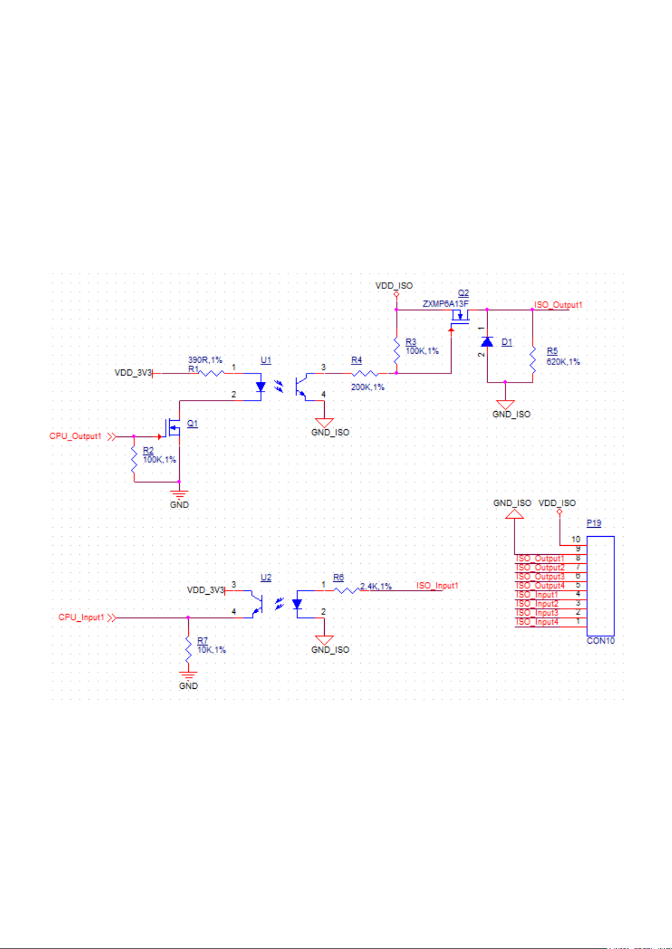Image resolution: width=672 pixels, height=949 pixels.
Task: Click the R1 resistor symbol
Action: pyautogui.click(x=211, y=373)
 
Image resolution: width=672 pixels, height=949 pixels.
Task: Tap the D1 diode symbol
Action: pyautogui.click(x=487, y=341)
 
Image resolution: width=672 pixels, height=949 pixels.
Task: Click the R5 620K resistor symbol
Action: pyautogui.click(x=533, y=360)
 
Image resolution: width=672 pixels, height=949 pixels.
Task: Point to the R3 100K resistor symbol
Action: pyautogui.click(x=396, y=350)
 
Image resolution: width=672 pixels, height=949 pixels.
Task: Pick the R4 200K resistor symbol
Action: pyautogui.click(x=365, y=373)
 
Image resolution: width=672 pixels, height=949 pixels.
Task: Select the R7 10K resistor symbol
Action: pyautogui.click(x=188, y=649)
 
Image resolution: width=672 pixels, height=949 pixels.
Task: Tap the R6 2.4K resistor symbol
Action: pyautogui.click(x=347, y=590)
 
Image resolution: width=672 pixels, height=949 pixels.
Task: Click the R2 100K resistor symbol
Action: pyautogui.click(x=134, y=459)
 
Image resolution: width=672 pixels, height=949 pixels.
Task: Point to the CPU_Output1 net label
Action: pyautogui.click(x=76, y=436)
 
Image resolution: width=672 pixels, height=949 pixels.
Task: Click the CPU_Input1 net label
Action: pyautogui.click(x=81, y=617)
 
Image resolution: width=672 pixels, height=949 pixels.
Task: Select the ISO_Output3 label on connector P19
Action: pyautogui.click(x=540, y=577)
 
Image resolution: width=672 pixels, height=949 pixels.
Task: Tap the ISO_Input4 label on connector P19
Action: pyautogui.click(x=537, y=622)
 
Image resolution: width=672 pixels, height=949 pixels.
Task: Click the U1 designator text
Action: pyautogui.click(x=266, y=360)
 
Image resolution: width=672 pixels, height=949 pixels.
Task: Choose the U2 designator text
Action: pyautogui.click(x=266, y=577)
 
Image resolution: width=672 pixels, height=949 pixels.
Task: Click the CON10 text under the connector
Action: pyautogui.click(x=600, y=640)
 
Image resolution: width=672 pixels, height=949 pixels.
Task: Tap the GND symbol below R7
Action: pyautogui.click(x=188, y=676)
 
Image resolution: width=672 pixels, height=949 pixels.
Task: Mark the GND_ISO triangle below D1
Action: pyautogui.click(x=505, y=404)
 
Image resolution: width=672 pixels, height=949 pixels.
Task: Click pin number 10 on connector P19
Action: pyautogui.click(x=576, y=540)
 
